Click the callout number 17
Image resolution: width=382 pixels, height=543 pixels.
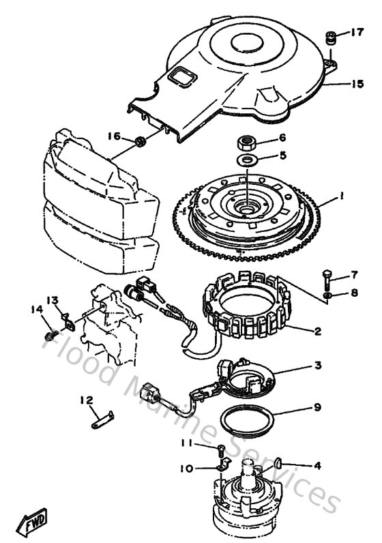(358, 31)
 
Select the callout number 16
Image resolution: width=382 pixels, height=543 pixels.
(113, 136)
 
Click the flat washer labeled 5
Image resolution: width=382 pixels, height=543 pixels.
(247, 160)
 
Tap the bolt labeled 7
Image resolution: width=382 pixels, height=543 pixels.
(327, 278)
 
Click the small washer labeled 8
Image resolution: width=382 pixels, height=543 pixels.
(327, 295)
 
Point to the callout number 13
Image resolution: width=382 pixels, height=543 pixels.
(53, 300)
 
